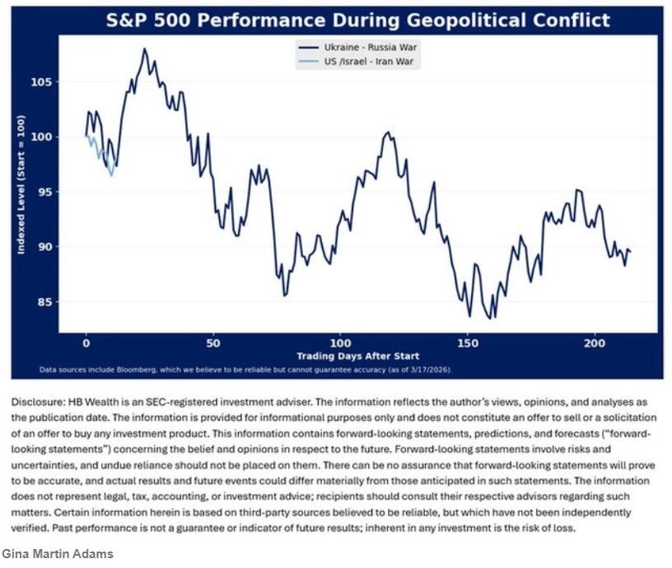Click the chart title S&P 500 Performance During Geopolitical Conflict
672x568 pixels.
pos(358,19)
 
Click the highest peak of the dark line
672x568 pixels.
pos(144,49)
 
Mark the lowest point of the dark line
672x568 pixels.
pos(492,319)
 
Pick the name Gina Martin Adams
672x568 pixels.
pos(57,553)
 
